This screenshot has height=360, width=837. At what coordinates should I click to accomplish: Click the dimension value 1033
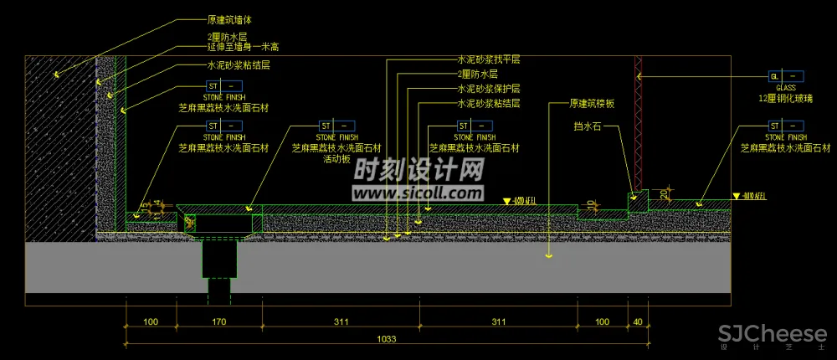point(386,339)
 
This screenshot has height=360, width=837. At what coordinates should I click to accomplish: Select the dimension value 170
point(219,321)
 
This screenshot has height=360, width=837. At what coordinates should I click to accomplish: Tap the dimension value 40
point(639,321)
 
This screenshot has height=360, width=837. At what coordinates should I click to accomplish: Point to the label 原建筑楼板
point(593,104)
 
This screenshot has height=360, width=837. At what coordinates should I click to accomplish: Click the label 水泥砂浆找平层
point(489,60)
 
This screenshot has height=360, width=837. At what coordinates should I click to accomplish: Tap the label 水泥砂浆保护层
point(489,89)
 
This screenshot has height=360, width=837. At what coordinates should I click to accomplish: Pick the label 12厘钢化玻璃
point(786,98)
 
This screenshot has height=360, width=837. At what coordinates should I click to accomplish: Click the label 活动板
point(336,159)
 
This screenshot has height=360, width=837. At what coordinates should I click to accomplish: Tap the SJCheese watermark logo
point(772,335)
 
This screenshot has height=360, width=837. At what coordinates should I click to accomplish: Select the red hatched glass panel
point(638,121)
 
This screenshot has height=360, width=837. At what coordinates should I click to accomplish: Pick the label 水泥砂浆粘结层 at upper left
point(239,64)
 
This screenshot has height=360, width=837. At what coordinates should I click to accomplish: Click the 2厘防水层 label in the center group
point(478,75)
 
